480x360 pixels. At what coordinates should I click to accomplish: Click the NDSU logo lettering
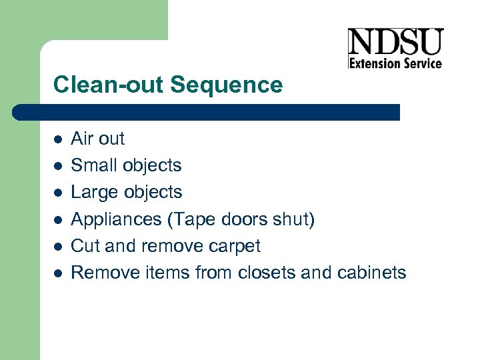click(395, 43)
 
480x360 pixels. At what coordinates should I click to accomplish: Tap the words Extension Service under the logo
click(395, 63)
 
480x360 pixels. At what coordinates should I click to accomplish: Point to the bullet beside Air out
click(58, 139)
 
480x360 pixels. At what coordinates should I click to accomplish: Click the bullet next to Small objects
click(58, 166)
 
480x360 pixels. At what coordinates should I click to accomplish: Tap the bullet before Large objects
click(58, 193)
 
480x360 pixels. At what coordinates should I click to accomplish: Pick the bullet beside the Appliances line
click(58, 219)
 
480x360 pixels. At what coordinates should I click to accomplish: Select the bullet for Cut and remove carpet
click(58, 246)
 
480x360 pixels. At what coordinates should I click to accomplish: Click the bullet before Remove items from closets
click(58, 273)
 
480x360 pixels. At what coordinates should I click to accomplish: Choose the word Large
click(93, 193)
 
